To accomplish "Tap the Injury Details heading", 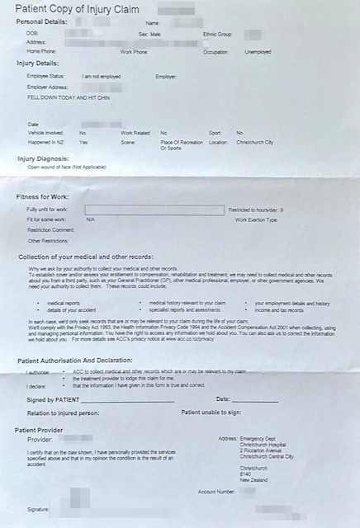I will click(x=38, y=62).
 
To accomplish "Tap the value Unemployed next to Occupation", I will click(x=258, y=52).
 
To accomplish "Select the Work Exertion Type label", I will click(x=255, y=219).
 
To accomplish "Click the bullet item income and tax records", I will click(x=278, y=310).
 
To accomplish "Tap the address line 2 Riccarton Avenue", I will click(x=263, y=450).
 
